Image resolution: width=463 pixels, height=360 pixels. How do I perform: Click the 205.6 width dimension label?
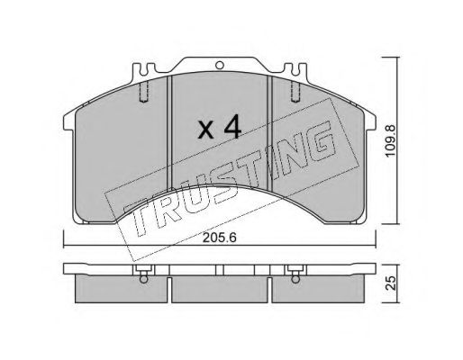220,238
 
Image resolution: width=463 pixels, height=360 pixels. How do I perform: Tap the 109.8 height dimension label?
391,140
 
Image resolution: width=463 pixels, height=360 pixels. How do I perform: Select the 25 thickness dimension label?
391,283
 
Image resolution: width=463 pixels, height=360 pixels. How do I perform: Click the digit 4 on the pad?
231,126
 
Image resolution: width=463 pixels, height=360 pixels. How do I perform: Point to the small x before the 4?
206,130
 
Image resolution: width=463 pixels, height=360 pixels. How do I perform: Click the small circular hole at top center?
220,65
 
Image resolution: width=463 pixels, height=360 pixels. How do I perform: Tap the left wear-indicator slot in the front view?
144,91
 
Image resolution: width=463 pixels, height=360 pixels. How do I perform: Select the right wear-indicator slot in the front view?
295,91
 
